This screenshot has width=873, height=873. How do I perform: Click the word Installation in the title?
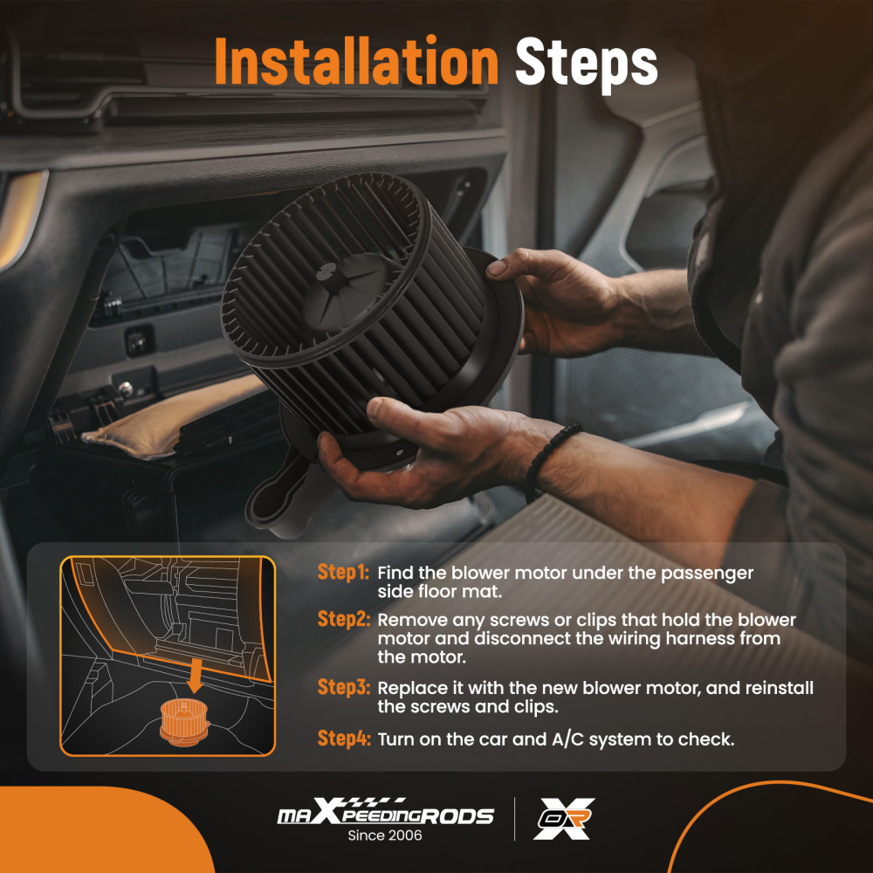[x=356, y=61]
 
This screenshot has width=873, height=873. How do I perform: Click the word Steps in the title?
[x=587, y=64]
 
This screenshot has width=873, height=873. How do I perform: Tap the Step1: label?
[x=343, y=573]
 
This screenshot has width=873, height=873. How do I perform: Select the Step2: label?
[x=343, y=619]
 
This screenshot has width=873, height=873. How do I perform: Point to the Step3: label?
[x=343, y=687]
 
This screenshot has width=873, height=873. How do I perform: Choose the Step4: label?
[x=343, y=739]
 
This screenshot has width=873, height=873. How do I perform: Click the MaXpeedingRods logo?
[x=386, y=812]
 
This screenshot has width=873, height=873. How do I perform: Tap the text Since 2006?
[x=385, y=835]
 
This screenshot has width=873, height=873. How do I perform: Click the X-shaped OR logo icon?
[x=564, y=819]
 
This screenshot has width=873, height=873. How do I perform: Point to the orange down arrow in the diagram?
[x=195, y=676]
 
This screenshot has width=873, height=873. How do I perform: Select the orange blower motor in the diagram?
[x=184, y=722]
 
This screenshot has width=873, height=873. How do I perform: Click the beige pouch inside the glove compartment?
[x=173, y=415]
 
